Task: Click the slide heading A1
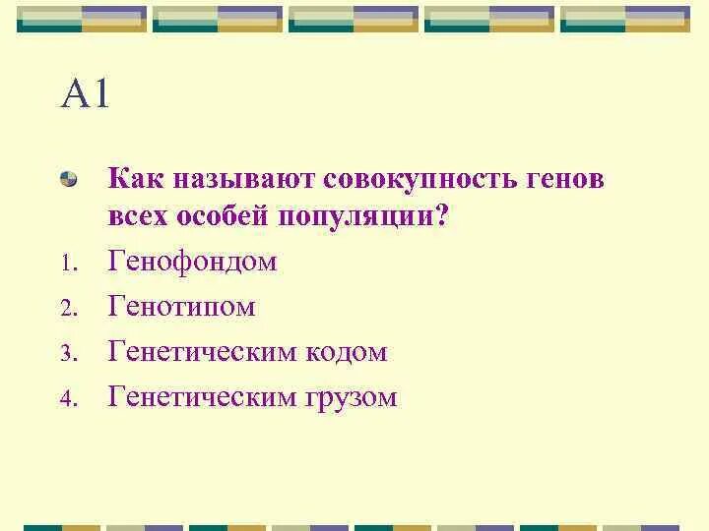(86, 96)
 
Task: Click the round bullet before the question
(69, 180)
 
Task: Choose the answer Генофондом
(193, 263)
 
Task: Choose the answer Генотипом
(182, 307)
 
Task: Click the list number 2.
(66, 309)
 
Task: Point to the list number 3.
(66, 354)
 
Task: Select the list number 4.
(66, 399)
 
